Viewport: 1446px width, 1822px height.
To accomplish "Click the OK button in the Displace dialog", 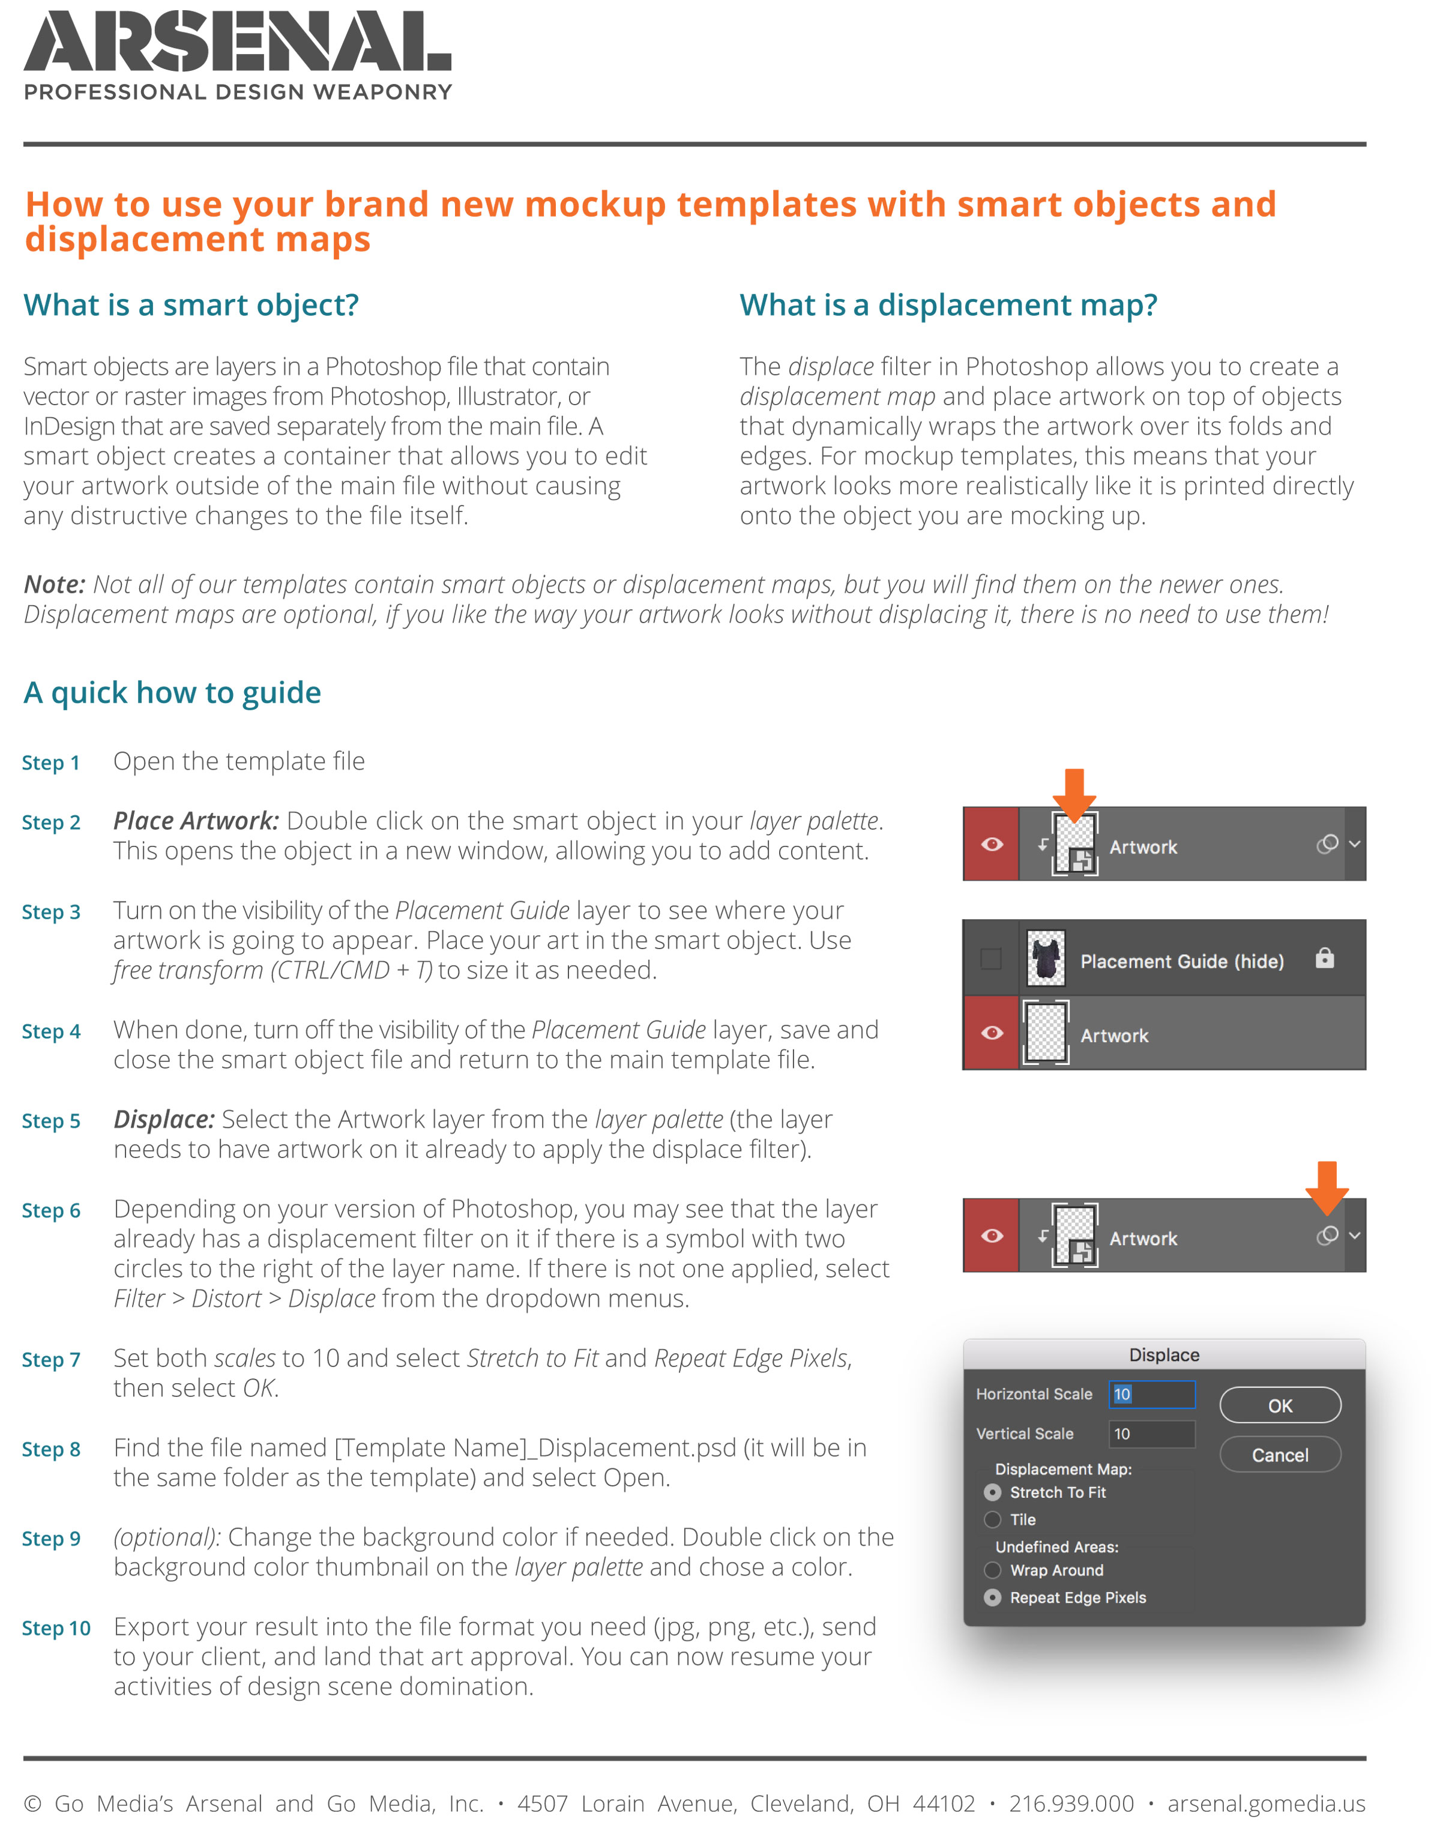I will tap(1280, 1405).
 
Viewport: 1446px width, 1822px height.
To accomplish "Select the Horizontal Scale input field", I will tap(1151, 1395).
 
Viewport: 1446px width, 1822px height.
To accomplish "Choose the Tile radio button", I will tap(992, 1519).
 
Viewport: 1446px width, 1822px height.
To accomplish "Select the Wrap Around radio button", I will tap(992, 1570).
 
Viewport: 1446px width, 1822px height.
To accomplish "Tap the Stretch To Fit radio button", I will tap(992, 1492).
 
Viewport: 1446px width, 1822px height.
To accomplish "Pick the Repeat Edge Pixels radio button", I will tap(992, 1597).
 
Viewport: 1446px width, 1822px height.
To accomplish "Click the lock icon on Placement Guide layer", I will tap(1324, 958).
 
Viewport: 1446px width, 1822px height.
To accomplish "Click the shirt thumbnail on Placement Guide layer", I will tap(1046, 958).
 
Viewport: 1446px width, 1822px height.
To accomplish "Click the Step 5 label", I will tap(50, 1121).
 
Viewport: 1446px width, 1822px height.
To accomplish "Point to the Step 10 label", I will tap(56, 1629).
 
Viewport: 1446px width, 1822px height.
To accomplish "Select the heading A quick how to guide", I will tap(172, 693).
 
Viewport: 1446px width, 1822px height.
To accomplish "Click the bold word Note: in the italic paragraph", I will tap(54, 585).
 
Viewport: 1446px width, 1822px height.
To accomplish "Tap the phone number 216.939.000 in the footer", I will tap(1071, 1803).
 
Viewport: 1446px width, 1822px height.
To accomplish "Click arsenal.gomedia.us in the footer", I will tap(1265, 1803).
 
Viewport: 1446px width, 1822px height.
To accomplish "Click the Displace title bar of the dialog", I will tap(1164, 1355).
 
